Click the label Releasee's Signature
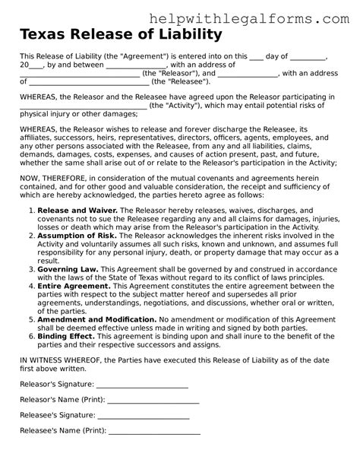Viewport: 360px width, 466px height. tap(58, 416)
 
